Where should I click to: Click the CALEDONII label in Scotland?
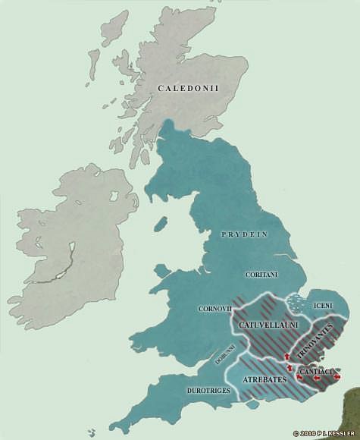[188, 89]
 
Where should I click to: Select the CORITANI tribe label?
[259, 275]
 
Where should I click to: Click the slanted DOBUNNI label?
[226, 352]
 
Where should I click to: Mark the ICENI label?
[322, 306]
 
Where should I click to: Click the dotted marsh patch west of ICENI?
[300, 303]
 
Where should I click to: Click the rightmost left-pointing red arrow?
[337, 376]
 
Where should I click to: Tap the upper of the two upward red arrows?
[287, 356]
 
